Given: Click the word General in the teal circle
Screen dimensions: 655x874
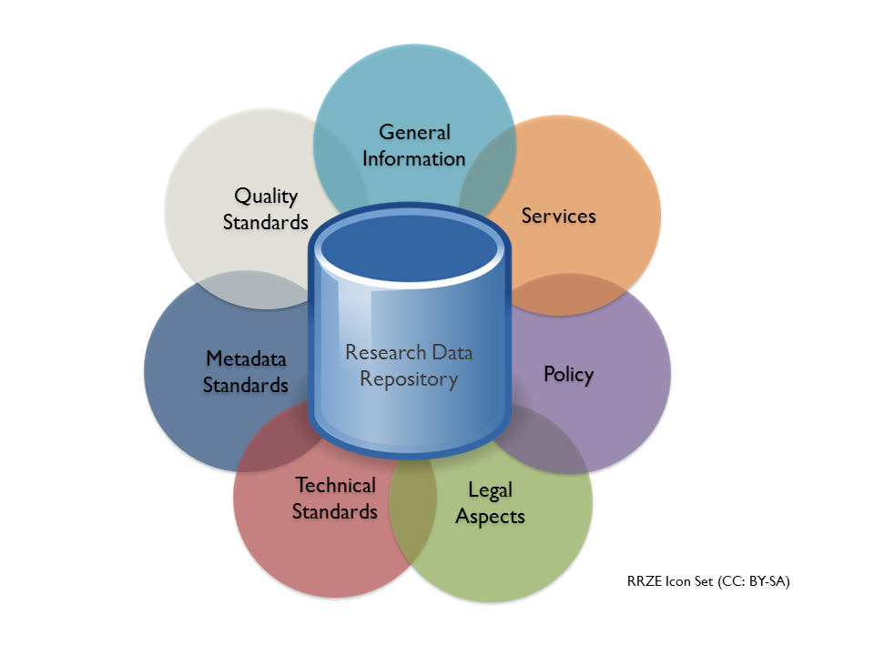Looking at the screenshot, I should coord(414,133).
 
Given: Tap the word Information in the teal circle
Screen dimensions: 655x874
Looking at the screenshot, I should coord(414,158).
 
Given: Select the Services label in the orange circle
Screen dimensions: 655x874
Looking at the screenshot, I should coord(558,217).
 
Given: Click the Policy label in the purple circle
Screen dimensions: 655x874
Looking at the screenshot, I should coord(568,374).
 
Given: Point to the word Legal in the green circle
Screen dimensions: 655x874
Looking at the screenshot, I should coord(490,490).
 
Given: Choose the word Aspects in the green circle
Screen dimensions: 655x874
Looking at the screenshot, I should coord(490,517).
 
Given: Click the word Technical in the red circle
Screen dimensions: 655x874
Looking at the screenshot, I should coord(334,485).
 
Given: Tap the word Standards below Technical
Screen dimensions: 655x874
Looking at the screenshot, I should coord(334,511).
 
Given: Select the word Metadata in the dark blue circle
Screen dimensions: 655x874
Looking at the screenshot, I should coord(246,358).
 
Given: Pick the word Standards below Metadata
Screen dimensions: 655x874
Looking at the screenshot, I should coord(246,385).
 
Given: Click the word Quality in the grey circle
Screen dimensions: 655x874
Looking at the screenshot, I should coord(266,196).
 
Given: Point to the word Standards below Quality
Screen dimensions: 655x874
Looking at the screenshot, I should coord(266,222).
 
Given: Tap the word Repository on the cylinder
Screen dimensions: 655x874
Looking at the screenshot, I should coord(408,378).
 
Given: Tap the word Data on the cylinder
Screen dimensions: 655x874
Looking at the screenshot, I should coord(452,352).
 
